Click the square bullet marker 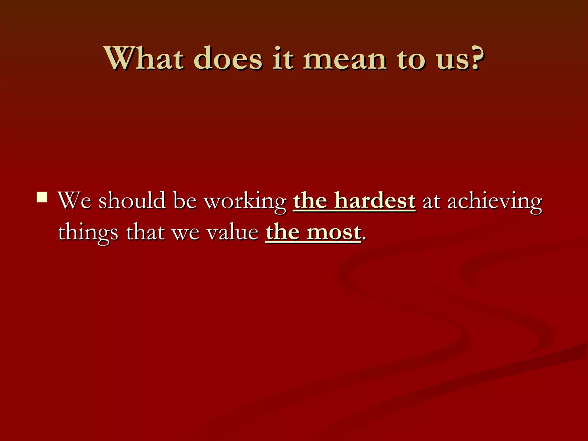coord(42,197)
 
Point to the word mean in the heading coord(345,59)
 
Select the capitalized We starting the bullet coord(74,200)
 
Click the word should coord(132,200)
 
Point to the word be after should coord(185,200)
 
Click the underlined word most coord(333,232)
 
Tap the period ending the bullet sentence coord(364,238)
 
